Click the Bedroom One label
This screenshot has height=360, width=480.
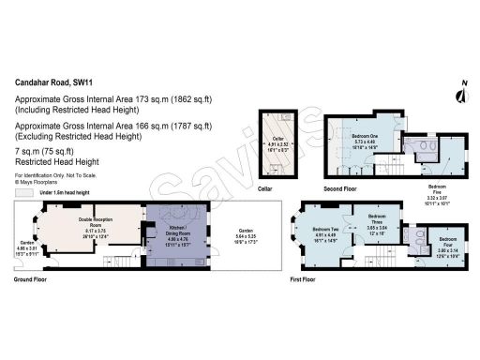point(366,136)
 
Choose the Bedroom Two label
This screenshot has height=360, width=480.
point(327,233)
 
